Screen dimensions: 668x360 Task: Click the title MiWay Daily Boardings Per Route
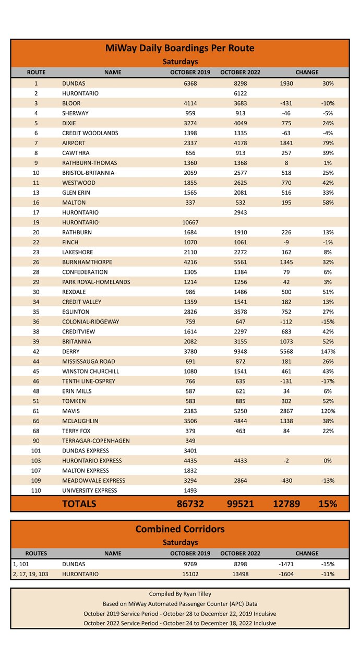click(180, 49)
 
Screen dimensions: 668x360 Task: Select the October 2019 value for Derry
click(190, 351)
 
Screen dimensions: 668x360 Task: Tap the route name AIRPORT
click(74, 143)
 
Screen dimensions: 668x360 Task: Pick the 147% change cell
click(328, 351)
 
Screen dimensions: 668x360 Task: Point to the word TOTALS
click(79, 504)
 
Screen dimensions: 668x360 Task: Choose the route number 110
click(36, 490)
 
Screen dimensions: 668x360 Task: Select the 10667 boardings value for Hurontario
click(190, 222)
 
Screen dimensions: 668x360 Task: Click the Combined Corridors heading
click(180, 529)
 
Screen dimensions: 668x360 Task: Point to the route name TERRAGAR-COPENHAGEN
click(96, 440)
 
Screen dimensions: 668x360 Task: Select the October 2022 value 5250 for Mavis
click(241, 411)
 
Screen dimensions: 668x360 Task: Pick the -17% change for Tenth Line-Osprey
click(328, 381)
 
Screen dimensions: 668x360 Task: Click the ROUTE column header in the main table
click(36, 72)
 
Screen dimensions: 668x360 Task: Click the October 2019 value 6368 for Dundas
click(190, 83)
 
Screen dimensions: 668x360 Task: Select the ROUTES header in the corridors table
click(36, 553)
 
